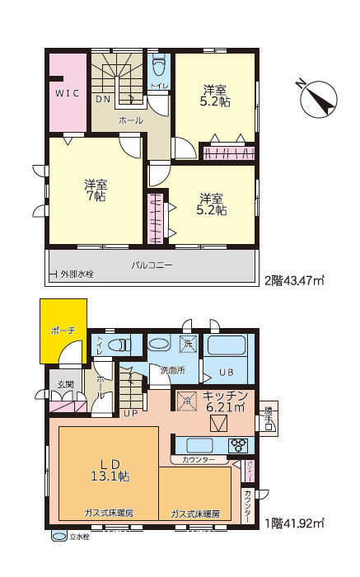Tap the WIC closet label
tap(68, 94)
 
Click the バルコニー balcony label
tap(152, 265)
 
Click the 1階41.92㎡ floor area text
tap(293, 523)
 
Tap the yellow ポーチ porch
tap(63, 331)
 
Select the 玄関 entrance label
tap(65, 385)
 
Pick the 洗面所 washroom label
tap(172, 370)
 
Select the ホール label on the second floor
tap(130, 120)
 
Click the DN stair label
tap(105, 98)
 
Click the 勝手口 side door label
tap(269, 417)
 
